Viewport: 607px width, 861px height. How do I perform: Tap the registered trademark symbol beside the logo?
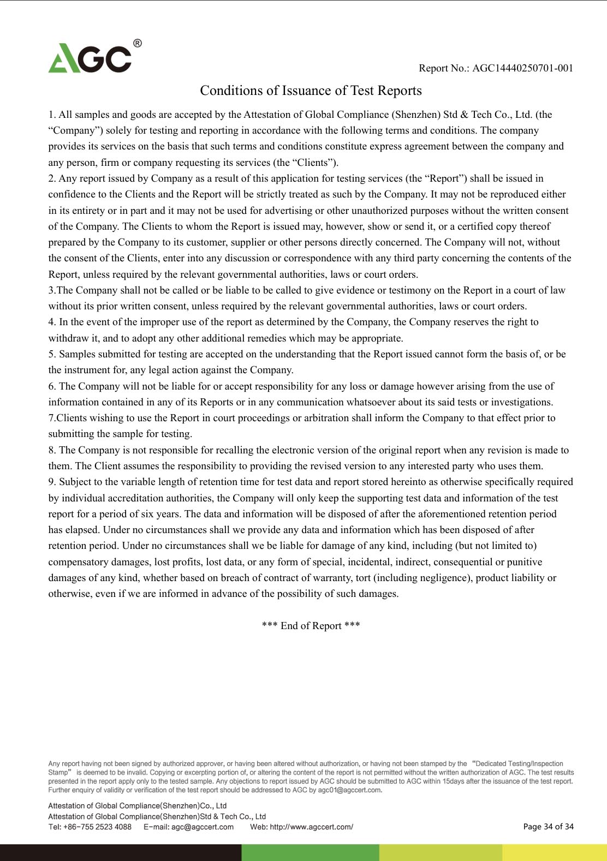[138, 43]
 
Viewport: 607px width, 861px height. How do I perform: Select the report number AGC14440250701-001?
[522, 68]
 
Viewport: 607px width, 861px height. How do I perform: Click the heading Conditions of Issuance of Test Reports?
[311, 91]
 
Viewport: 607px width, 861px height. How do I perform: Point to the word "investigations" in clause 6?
[521, 402]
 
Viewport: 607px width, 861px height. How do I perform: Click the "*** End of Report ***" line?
[311, 626]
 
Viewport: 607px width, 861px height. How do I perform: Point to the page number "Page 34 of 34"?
[548, 827]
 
